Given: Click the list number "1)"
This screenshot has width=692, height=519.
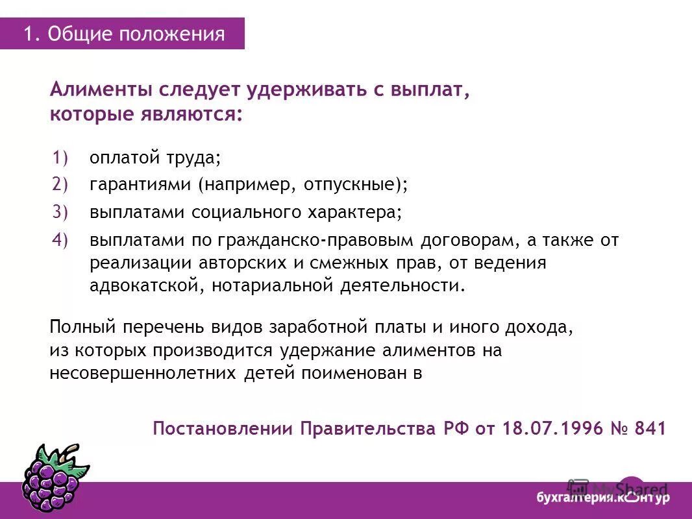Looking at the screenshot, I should point(60,158).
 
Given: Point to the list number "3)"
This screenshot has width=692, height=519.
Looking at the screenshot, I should point(60,212).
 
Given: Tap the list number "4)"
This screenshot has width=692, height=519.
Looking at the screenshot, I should point(60,240).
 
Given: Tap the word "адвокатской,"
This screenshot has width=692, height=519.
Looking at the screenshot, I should point(146,286).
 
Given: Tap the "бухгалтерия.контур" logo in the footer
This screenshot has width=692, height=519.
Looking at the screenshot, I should point(602,498).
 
